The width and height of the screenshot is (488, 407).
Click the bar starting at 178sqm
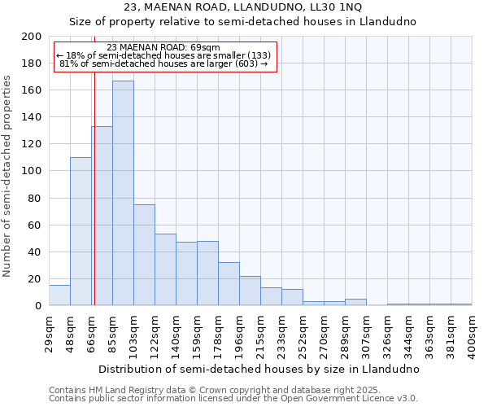(x=229, y=284)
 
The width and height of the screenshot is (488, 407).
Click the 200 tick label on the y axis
(x=32, y=37)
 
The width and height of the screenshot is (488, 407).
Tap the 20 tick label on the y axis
(x=35, y=278)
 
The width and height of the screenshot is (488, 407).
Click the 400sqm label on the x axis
(x=472, y=333)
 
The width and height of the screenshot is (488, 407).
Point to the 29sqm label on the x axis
(x=49, y=333)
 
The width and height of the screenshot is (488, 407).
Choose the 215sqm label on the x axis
(x=260, y=333)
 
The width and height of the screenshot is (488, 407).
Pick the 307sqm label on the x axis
(x=366, y=333)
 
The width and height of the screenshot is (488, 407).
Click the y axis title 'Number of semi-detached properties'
(x=8, y=176)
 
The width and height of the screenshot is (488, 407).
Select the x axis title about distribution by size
(x=259, y=369)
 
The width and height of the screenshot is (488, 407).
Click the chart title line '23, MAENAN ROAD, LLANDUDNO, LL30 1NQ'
(x=243, y=7)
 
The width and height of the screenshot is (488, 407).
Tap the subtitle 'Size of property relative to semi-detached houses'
(x=243, y=22)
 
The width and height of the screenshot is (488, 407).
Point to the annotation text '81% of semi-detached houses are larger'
(x=163, y=63)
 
